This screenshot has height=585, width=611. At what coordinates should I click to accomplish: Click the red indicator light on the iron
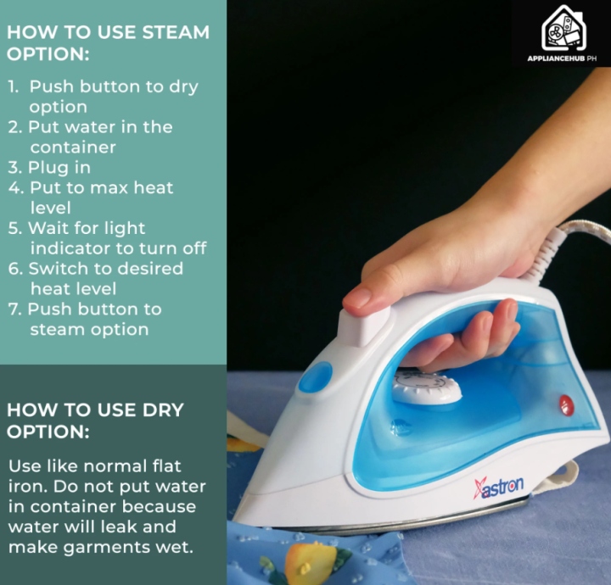pyautogui.click(x=567, y=404)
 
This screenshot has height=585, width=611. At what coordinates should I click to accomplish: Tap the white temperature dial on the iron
pyautogui.click(x=426, y=387)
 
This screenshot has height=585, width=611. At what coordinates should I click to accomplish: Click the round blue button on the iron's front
pyautogui.click(x=316, y=376)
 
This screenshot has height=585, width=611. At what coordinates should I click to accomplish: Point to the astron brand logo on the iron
pyautogui.click(x=498, y=487)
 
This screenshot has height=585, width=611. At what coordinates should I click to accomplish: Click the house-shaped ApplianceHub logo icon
pyautogui.click(x=563, y=28)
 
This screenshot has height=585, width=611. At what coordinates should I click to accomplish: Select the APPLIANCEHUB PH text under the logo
pyautogui.click(x=562, y=58)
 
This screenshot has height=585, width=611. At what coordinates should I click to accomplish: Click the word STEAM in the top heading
pyautogui.click(x=176, y=32)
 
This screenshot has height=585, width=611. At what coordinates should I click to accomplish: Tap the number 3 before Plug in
pyautogui.click(x=14, y=168)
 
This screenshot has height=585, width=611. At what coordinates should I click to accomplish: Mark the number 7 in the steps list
pyautogui.click(x=14, y=309)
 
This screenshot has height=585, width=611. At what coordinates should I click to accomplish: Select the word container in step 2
pyautogui.click(x=73, y=148)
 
